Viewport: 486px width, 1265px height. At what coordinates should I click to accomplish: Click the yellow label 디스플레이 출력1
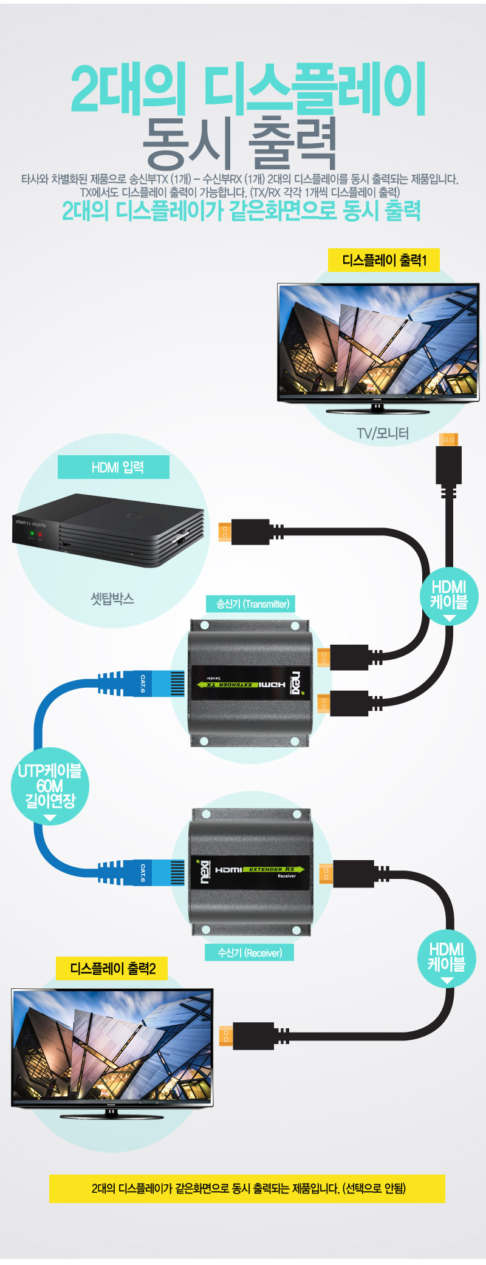click(x=383, y=260)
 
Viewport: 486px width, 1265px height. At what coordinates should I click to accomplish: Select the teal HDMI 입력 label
click(x=114, y=467)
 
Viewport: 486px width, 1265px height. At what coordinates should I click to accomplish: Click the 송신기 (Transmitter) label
click(x=252, y=604)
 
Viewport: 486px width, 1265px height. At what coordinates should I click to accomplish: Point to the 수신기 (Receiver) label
click(x=250, y=952)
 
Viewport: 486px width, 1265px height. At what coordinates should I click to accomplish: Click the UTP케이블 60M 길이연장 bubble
click(x=50, y=786)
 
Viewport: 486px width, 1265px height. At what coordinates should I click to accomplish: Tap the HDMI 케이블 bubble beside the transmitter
click(x=449, y=595)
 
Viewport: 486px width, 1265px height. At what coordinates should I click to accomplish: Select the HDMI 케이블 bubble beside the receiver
click(x=447, y=957)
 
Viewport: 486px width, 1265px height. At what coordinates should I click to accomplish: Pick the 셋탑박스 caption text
click(x=112, y=599)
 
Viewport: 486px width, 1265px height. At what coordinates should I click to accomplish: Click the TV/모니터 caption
click(x=383, y=433)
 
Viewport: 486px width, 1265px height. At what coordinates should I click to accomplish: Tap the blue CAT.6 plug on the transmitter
click(x=152, y=683)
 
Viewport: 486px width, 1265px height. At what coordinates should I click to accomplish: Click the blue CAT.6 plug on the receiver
click(x=152, y=873)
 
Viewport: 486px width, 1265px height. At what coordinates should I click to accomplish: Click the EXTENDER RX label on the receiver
click(x=272, y=869)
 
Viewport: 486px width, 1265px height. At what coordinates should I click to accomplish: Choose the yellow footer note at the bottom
click(x=247, y=1189)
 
